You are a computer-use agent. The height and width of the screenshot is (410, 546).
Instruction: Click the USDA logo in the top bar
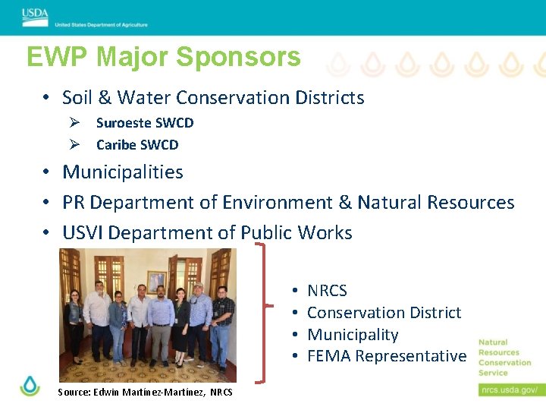(x=35, y=14)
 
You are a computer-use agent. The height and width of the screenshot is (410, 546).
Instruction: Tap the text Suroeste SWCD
(x=145, y=123)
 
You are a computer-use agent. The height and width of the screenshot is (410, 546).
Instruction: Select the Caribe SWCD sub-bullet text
(x=137, y=145)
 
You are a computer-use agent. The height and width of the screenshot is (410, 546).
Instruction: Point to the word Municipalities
(x=123, y=172)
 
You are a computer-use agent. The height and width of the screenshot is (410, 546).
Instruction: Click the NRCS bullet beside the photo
(x=327, y=291)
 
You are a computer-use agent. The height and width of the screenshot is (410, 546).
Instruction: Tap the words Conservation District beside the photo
(x=384, y=313)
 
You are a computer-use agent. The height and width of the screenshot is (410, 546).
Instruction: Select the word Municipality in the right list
(x=353, y=335)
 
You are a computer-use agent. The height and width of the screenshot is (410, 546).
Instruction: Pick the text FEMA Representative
(x=387, y=356)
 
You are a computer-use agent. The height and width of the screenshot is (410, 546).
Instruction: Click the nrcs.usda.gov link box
(x=509, y=389)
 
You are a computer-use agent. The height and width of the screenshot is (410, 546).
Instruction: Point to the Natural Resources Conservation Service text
(x=504, y=357)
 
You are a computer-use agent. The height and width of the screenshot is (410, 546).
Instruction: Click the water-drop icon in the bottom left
(x=30, y=386)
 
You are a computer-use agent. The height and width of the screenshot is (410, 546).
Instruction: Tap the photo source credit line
(x=145, y=393)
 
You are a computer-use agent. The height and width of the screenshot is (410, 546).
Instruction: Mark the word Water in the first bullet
(x=144, y=98)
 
